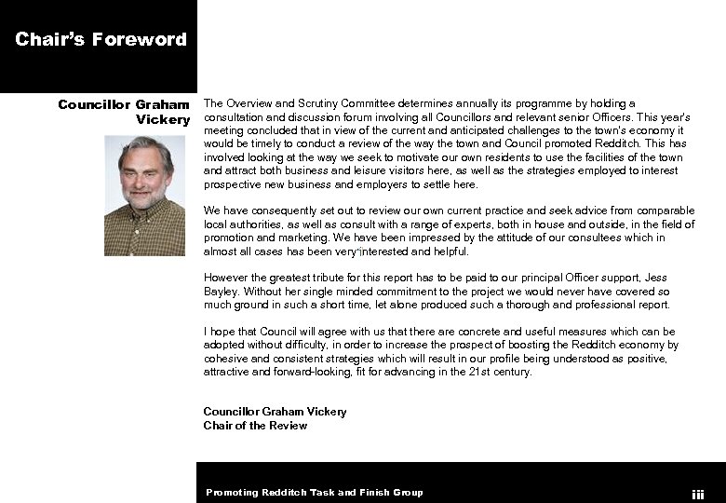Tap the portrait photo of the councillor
click(144, 196)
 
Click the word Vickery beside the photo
click(163, 120)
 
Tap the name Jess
click(656, 278)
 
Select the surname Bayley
click(220, 292)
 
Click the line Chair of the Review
click(255, 426)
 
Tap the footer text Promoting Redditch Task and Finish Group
click(315, 493)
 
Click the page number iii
click(698, 495)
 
